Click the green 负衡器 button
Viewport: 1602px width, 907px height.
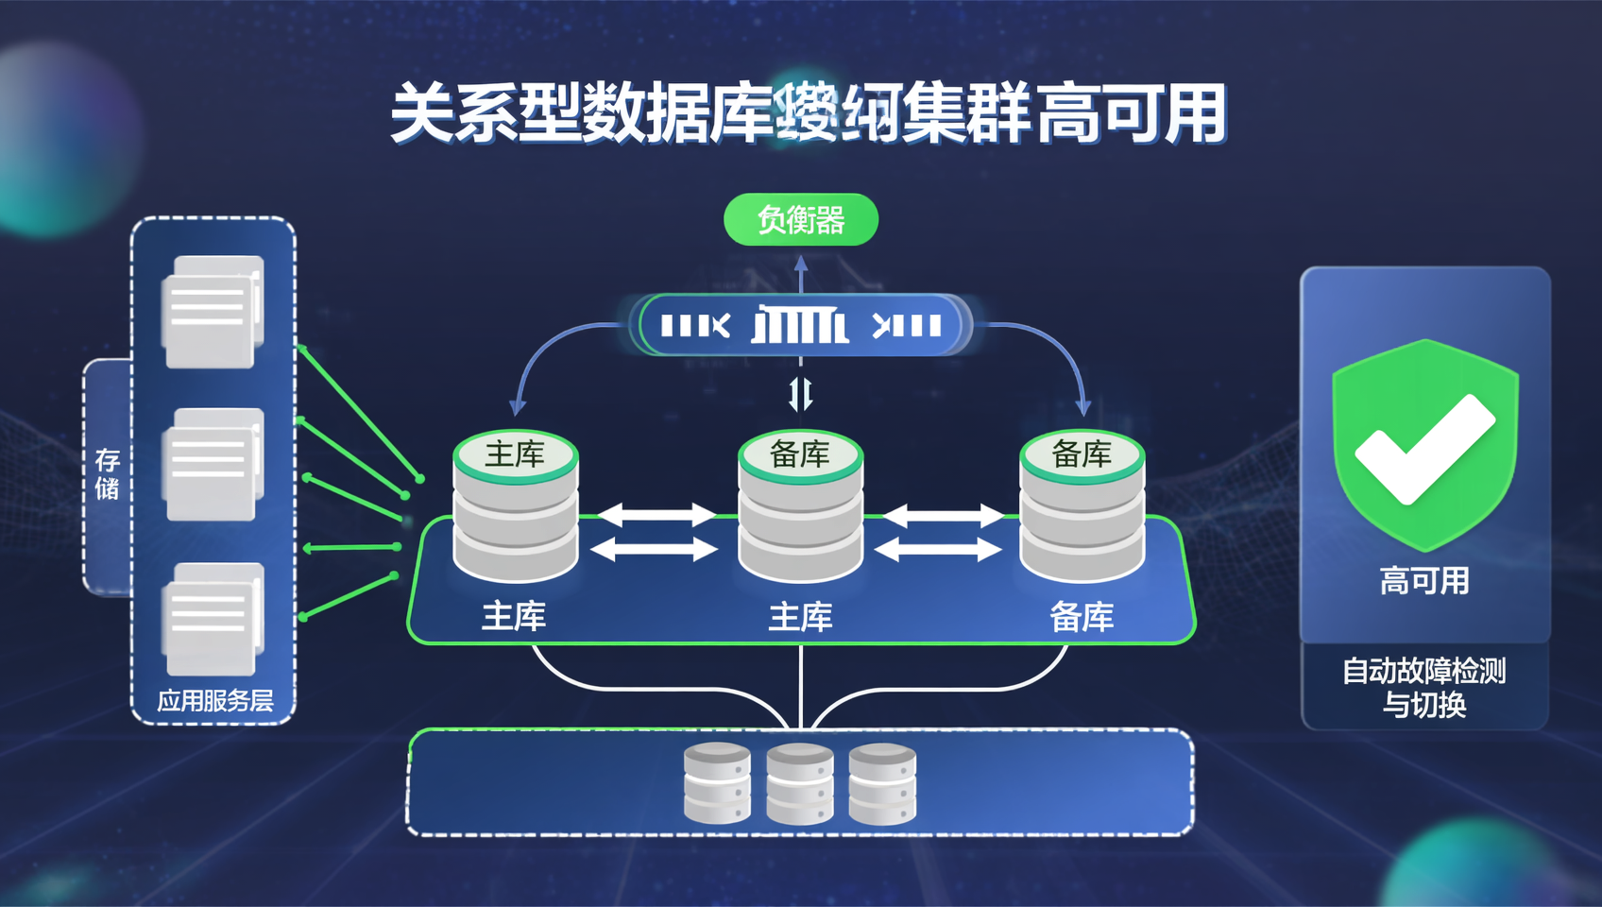[x=800, y=220]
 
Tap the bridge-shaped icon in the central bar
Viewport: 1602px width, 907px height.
[x=800, y=326]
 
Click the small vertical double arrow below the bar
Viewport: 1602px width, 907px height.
[x=800, y=393]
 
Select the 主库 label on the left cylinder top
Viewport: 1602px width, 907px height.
[x=515, y=454]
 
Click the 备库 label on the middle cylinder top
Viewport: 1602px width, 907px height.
[x=799, y=454]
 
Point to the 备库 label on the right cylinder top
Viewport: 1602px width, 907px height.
[x=1082, y=454]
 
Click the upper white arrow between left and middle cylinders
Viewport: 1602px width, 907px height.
[x=656, y=515]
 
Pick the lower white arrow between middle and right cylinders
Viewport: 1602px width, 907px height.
[x=939, y=549]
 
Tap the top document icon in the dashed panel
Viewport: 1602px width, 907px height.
[x=213, y=311]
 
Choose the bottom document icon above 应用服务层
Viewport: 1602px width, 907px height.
[x=213, y=619]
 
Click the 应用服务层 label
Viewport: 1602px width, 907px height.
[x=214, y=700]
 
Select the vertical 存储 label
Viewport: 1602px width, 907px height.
[x=107, y=473]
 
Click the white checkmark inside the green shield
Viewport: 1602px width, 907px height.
[x=1423, y=448]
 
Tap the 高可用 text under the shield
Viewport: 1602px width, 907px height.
[x=1423, y=580]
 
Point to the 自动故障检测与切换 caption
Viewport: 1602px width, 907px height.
[x=1423, y=687]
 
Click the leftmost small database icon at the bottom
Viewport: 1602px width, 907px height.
[x=718, y=782]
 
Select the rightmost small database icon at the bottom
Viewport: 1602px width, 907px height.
[x=882, y=783]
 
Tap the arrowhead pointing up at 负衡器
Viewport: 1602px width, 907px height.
[x=801, y=262]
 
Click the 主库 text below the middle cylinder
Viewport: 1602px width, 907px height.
[x=800, y=617]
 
